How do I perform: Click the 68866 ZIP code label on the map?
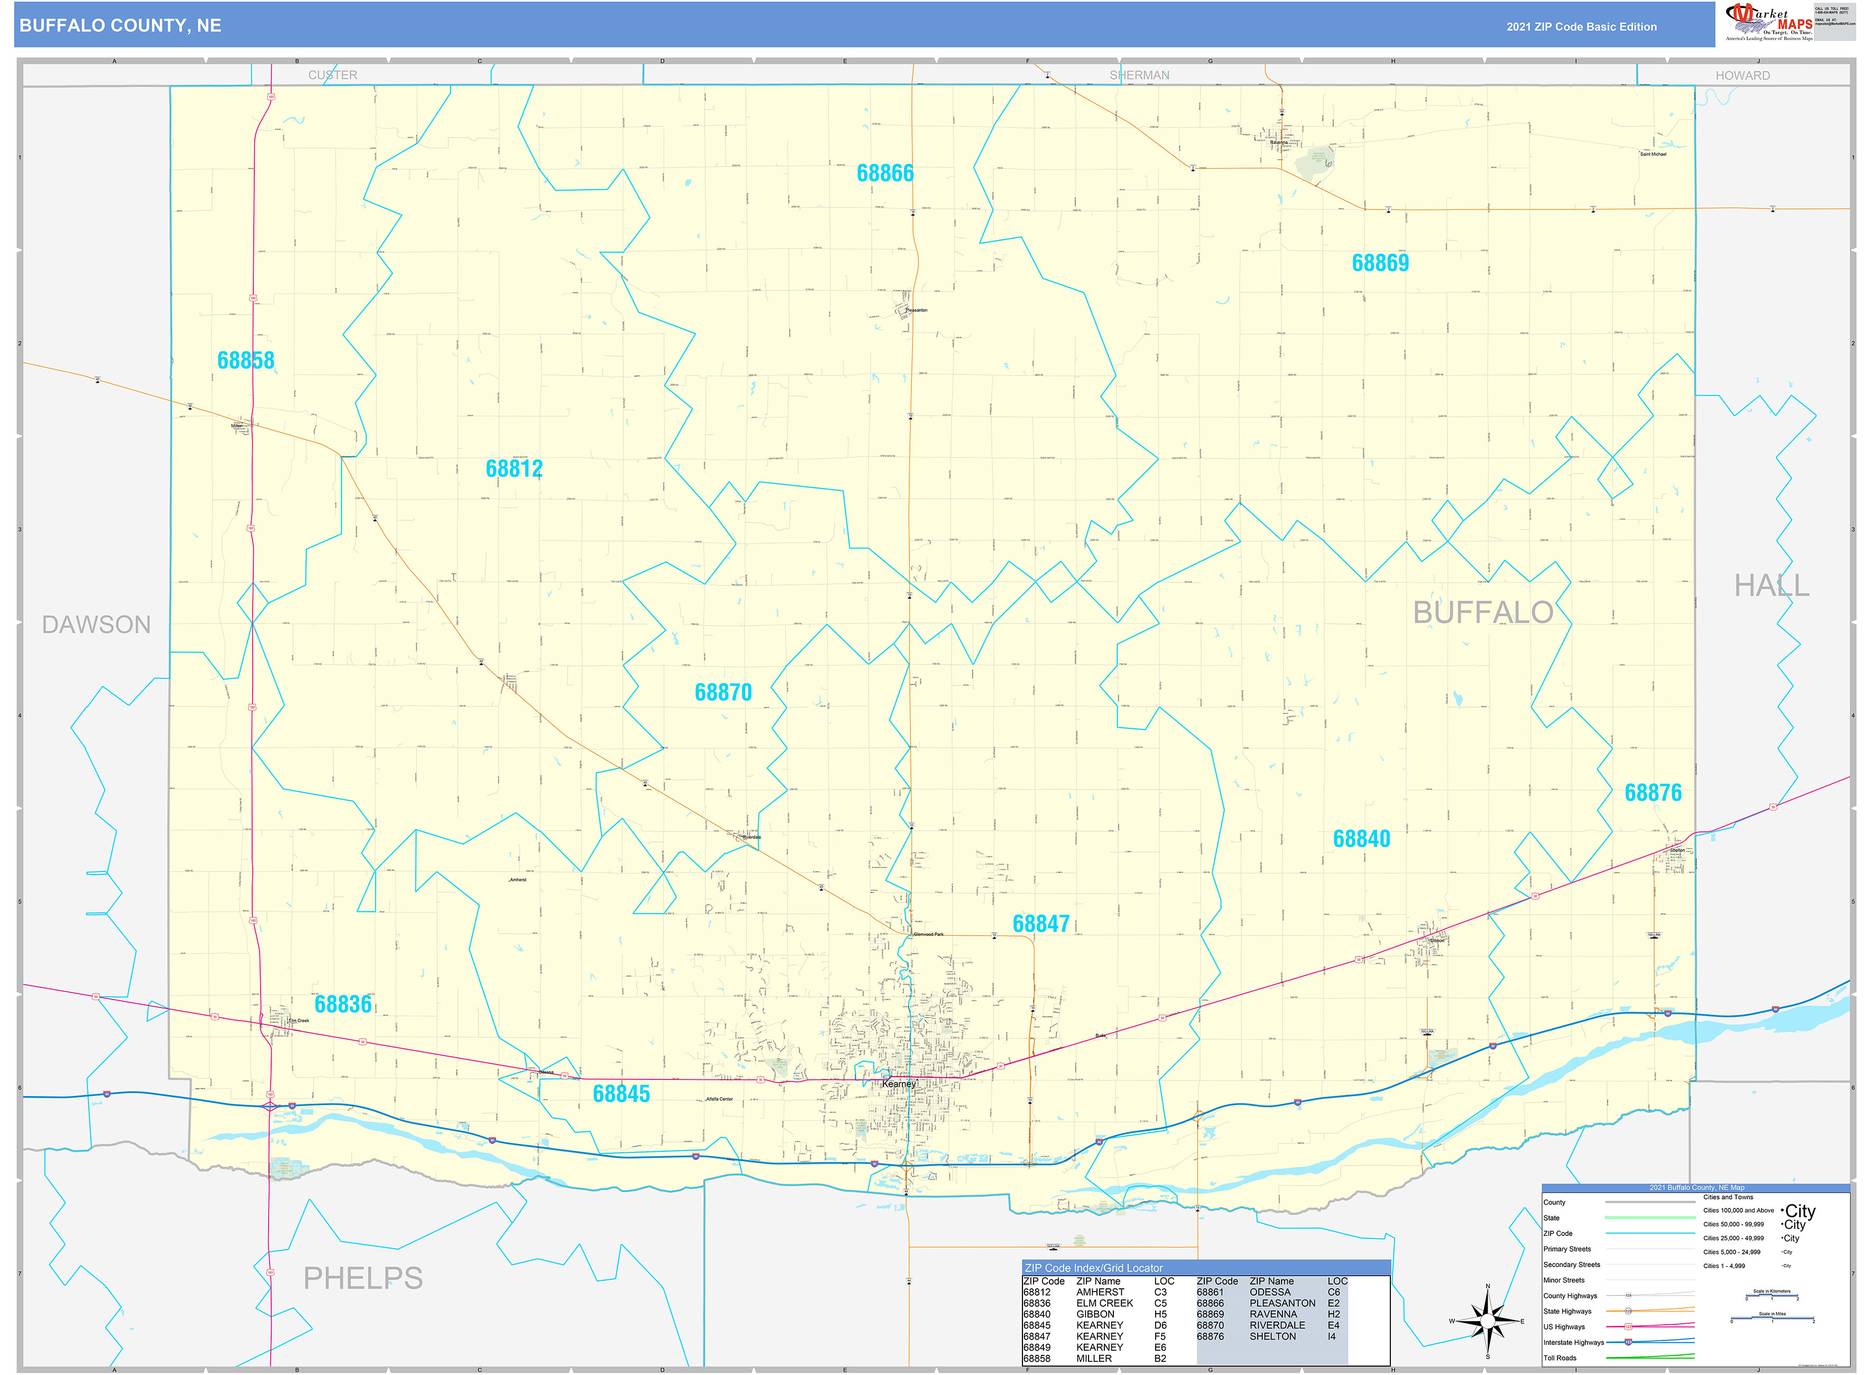pyautogui.click(x=884, y=173)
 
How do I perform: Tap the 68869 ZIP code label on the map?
pyautogui.click(x=1380, y=263)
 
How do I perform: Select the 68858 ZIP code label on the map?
pyautogui.click(x=245, y=360)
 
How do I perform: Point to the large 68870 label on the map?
pyautogui.click(x=723, y=692)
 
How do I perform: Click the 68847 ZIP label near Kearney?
pyautogui.click(x=1041, y=924)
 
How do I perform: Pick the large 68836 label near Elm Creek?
pyautogui.click(x=343, y=1005)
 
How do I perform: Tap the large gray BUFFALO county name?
pyautogui.click(x=1482, y=612)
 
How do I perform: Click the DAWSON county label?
pyautogui.click(x=97, y=625)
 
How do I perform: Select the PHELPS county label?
pyautogui.click(x=363, y=1278)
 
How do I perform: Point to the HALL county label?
pyautogui.click(x=1772, y=586)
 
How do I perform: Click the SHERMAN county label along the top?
pyautogui.click(x=1139, y=76)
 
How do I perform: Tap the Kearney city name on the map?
pyautogui.click(x=899, y=1084)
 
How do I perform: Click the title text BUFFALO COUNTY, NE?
pyautogui.click(x=121, y=26)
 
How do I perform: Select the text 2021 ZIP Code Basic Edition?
pyautogui.click(x=1581, y=26)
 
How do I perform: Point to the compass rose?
pyautogui.click(x=1488, y=1321)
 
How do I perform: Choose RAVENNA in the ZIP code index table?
pyautogui.click(x=1273, y=1314)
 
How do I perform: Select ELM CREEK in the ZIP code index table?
pyautogui.click(x=1104, y=1304)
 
